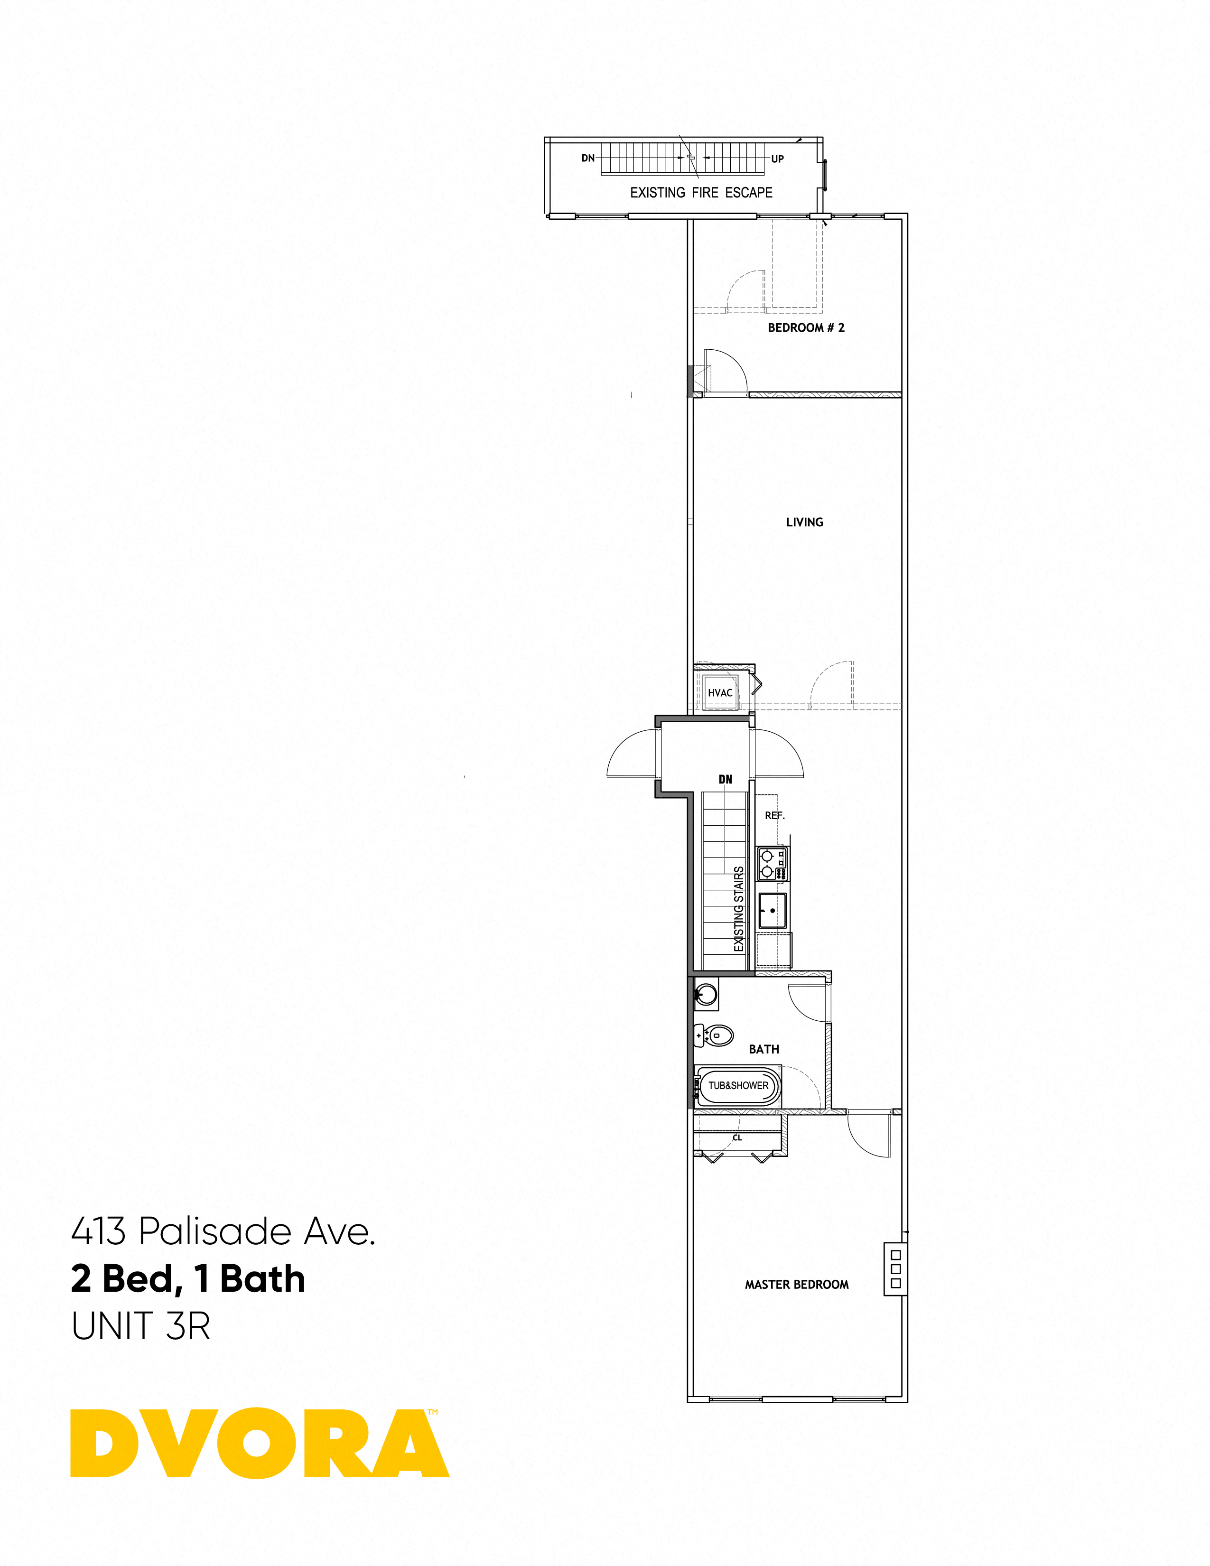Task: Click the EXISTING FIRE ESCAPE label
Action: pos(700,192)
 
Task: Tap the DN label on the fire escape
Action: pos(588,158)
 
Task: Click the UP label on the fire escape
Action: pos(777,158)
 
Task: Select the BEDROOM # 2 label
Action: pos(806,328)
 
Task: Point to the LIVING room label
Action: pos(804,522)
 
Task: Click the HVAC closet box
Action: pos(720,692)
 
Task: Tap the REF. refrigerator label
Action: pos(774,815)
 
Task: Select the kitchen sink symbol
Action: pos(772,911)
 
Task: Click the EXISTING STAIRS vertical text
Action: pos(739,909)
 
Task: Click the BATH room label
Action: pos(763,1049)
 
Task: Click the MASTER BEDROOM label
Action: pos(796,1284)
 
